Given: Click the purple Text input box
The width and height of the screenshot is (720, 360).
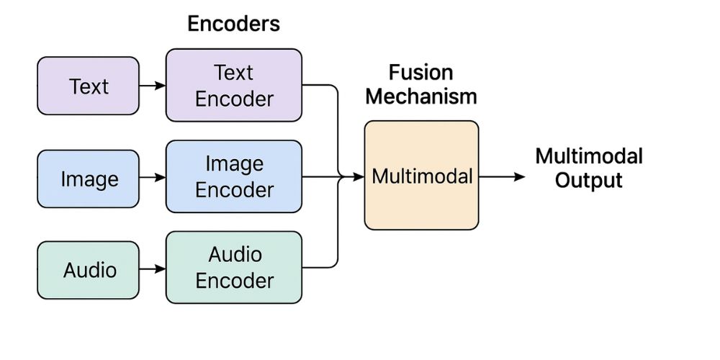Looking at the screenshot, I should click(x=88, y=86).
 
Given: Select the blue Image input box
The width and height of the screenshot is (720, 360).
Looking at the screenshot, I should click(x=88, y=179).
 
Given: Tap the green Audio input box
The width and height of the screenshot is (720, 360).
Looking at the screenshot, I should click(x=88, y=270).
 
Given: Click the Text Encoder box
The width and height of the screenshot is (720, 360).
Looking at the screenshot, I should click(x=234, y=85).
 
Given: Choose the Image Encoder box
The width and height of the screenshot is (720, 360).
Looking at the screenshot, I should click(x=234, y=177).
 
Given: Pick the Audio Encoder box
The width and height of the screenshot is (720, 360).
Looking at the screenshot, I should click(x=234, y=267).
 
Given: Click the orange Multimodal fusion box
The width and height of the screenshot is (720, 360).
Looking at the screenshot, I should click(x=421, y=176).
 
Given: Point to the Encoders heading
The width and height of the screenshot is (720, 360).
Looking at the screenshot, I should click(x=233, y=23).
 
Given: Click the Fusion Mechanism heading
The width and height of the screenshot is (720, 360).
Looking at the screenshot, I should click(x=421, y=84).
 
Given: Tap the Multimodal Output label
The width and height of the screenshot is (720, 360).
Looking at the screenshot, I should click(x=588, y=167).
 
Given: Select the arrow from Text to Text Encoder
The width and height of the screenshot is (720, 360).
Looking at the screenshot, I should click(x=152, y=86).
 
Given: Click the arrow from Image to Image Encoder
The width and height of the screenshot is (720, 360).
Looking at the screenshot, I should click(x=152, y=177).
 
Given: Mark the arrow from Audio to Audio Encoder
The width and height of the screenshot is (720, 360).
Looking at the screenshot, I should click(x=152, y=269).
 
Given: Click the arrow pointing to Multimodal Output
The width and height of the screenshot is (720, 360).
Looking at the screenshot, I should click(x=503, y=176).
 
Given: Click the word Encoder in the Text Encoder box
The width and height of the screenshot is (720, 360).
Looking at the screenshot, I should click(x=235, y=99).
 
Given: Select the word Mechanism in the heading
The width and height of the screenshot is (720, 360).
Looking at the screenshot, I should click(x=421, y=96).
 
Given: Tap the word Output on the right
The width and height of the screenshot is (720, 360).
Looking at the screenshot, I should click(x=588, y=180).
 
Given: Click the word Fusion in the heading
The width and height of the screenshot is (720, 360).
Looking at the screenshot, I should click(x=421, y=72).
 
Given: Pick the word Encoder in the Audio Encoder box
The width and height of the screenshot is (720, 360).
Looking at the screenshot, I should click(x=235, y=280).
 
